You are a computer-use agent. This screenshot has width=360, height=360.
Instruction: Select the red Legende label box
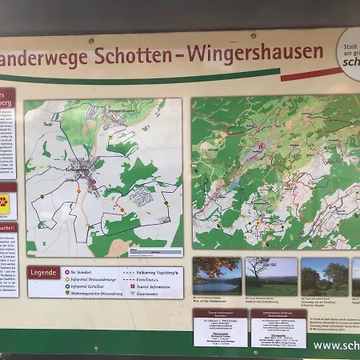(43, 273)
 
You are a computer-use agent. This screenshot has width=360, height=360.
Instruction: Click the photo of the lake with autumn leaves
(216, 275)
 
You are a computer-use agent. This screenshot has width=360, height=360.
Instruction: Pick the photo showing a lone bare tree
(271, 276)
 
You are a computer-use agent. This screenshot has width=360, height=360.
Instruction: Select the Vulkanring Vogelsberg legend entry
(155, 272)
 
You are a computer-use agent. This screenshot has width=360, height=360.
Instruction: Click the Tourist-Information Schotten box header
(220, 315)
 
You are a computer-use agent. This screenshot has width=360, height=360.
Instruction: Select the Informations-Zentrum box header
(278, 315)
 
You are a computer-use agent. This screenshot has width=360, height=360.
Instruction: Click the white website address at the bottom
(336, 346)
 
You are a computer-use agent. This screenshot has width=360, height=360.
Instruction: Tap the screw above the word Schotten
(91, 40)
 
